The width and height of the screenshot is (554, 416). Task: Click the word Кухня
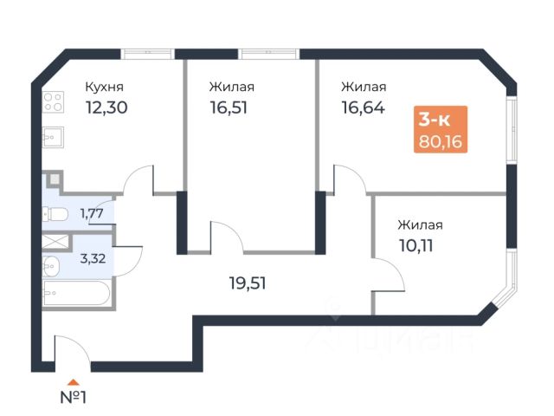[x=104, y=87]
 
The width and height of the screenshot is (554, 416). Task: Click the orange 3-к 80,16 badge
[x=441, y=128]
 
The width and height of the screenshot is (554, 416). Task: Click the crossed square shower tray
[x=55, y=241]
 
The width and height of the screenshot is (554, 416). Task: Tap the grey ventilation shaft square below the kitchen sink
[x=55, y=180]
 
